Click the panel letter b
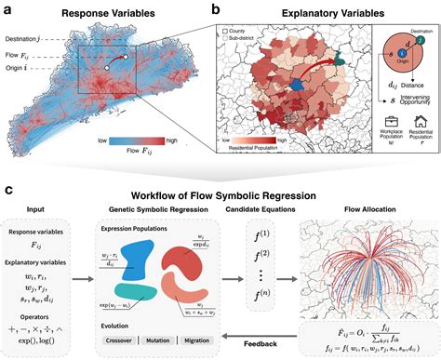(216, 10)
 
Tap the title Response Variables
(105, 16)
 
